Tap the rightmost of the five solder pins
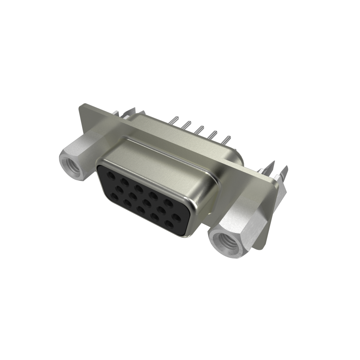coord(226,140)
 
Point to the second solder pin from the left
coord(187,125)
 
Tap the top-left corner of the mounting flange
coord(82,105)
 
